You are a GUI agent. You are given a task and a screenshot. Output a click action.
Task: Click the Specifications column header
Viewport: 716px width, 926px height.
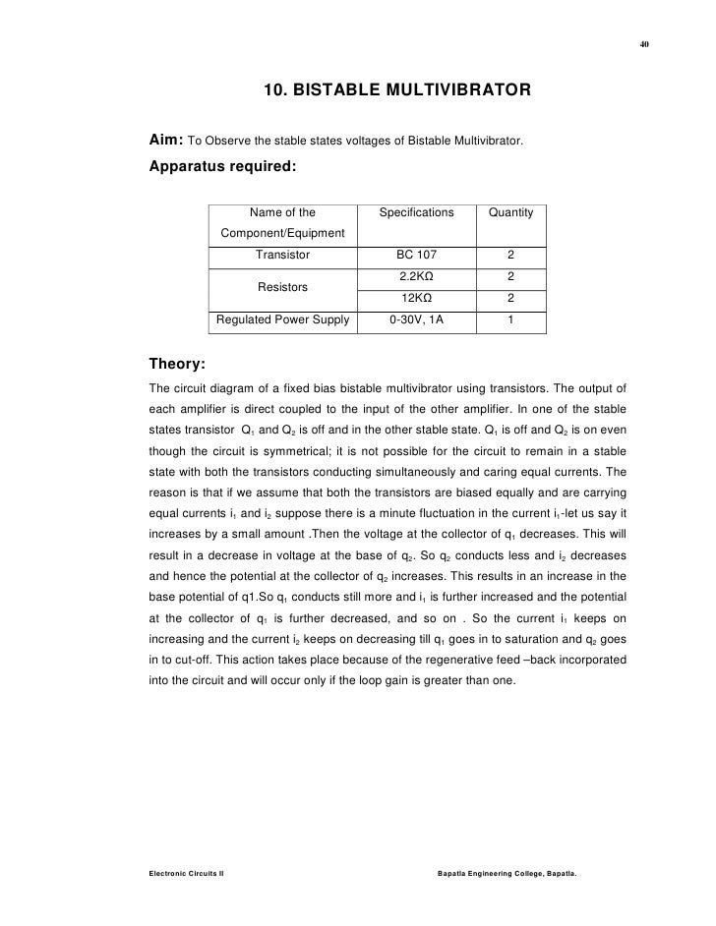pyautogui.click(x=416, y=212)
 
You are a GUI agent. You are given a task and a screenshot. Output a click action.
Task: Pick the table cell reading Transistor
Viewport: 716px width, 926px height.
pyautogui.click(x=282, y=255)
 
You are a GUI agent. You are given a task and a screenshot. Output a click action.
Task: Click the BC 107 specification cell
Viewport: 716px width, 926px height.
pyautogui.click(x=416, y=255)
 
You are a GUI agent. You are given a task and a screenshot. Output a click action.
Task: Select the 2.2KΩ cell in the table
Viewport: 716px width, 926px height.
pyautogui.click(x=416, y=276)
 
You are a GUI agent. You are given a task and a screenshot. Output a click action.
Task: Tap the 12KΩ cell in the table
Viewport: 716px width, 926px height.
pyautogui.click(x=416, y=298)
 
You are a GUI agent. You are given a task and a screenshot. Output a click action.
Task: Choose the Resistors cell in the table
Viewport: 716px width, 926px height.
pyautogui.click(x=282, y=287)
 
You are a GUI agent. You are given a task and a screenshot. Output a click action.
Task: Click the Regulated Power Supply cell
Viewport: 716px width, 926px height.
pyautogui.click(x=282, y=319)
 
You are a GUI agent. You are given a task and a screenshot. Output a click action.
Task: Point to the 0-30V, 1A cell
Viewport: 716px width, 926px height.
pyautogui.click(x=416, y=319)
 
